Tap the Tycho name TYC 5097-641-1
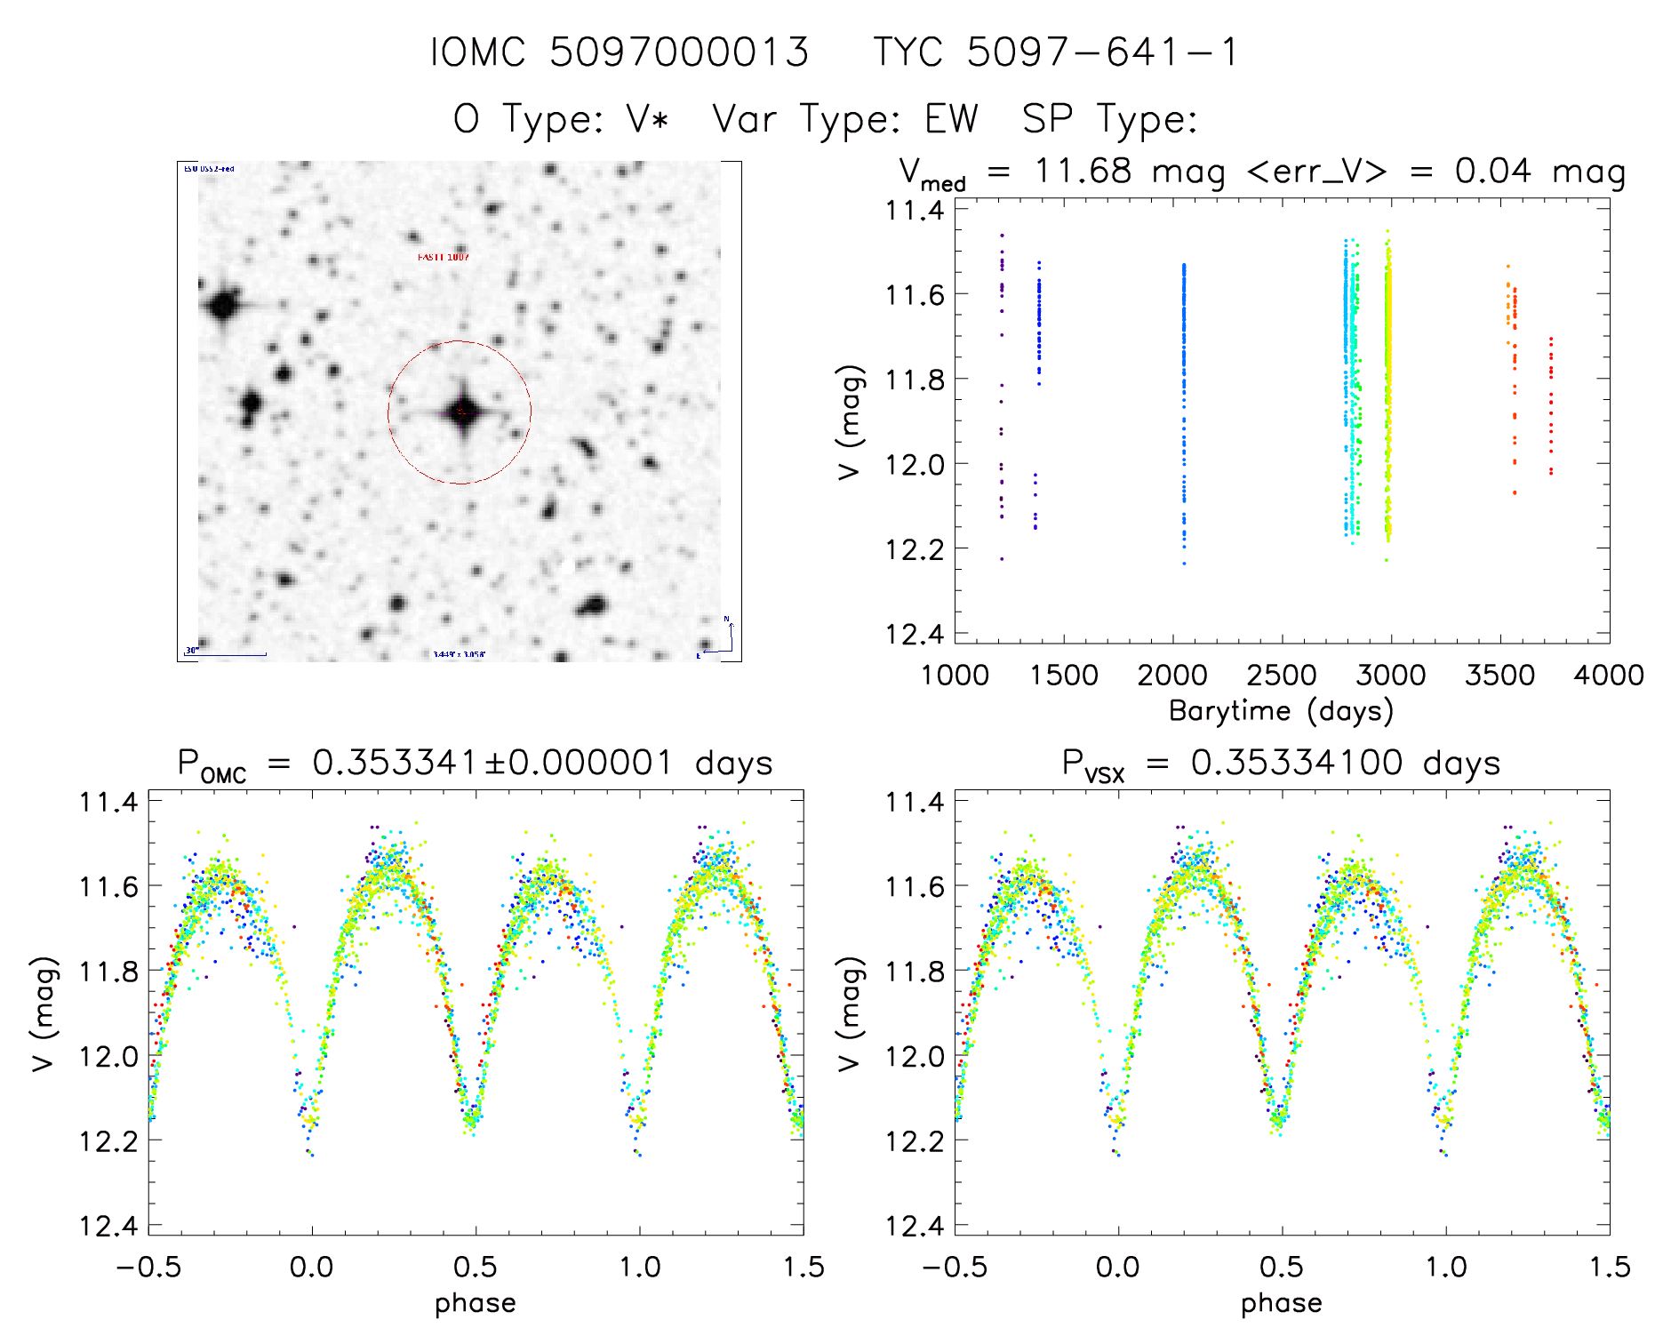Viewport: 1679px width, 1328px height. coord(1055,52)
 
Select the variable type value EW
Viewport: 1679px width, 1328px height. coord(951,119)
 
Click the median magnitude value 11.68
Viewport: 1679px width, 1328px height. coord(1083,171)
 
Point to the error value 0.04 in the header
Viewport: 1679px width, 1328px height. coord(1492,171)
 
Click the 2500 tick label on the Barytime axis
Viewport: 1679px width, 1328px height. coord(1281,676)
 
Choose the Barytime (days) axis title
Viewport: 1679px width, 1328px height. coord(1281,711)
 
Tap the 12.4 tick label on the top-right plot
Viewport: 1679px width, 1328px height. coord(915,634)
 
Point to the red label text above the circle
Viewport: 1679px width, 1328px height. coord(444,257)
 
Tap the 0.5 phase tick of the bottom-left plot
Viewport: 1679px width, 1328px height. coord(476,1267)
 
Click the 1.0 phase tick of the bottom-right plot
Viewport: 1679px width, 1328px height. coord(1446,1267)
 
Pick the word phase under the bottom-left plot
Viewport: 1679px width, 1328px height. coord(476,1303)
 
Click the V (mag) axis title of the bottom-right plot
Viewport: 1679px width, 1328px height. coord(850,1013)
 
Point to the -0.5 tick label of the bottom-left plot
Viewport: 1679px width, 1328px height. coord(148,1267)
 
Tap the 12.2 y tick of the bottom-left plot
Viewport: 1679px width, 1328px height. coord(108,1140)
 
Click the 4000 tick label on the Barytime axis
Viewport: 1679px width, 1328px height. coord(1608,676)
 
